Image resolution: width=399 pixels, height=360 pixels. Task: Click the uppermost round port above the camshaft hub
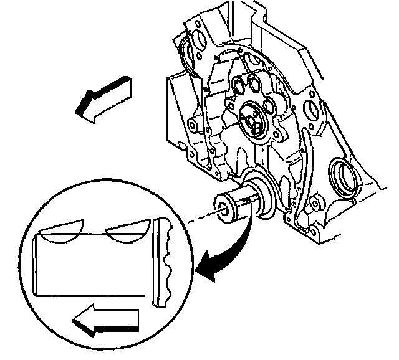pos(241,85)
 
